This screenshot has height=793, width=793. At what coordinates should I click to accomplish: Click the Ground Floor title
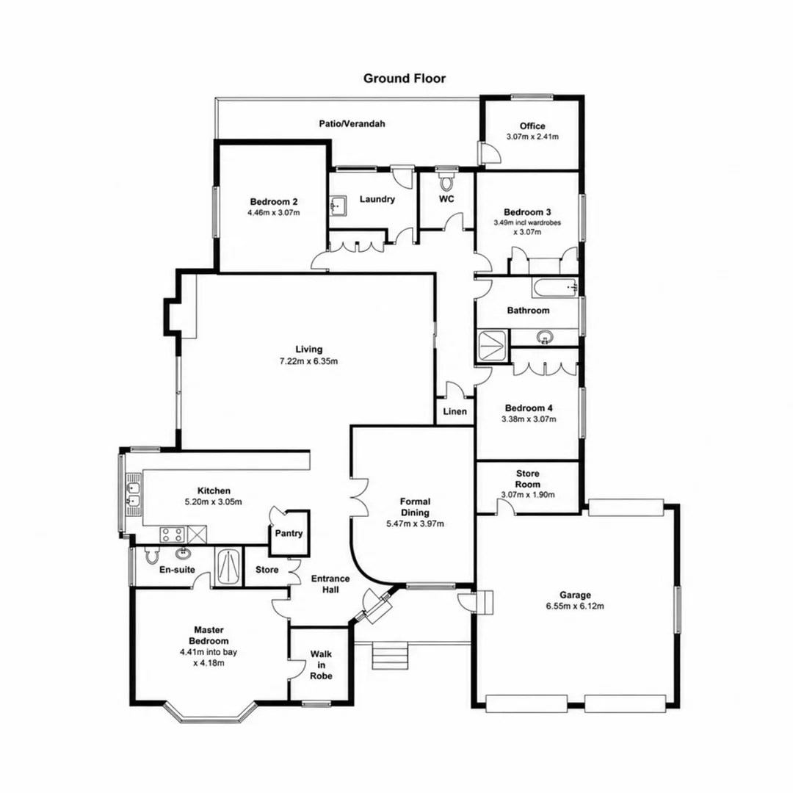405,79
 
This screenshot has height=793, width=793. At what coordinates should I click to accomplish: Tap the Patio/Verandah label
352,123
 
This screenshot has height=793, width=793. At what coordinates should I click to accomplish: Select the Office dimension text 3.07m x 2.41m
532,137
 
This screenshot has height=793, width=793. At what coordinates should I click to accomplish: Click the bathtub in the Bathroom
554,287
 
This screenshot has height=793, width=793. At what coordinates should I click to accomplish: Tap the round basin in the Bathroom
545,336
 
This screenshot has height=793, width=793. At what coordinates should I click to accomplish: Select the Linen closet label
455,411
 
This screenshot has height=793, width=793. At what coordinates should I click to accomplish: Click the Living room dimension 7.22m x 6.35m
308,361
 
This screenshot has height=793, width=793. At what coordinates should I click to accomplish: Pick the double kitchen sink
134,495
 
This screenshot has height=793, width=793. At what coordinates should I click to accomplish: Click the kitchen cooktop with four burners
173,534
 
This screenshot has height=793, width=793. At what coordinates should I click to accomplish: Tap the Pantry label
289,533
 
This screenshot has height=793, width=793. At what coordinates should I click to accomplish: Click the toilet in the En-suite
151,554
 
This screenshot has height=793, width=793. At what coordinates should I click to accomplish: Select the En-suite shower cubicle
228,566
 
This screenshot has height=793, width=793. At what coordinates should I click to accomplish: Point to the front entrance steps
389,656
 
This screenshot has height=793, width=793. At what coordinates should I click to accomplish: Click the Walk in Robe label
321,665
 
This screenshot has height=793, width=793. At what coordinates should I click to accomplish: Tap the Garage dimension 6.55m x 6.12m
575,606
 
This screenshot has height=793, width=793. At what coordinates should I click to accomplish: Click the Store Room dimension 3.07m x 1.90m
527,495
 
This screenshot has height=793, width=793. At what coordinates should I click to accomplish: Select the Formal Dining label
415,507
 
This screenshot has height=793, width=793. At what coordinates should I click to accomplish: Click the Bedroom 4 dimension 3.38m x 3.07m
529,419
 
